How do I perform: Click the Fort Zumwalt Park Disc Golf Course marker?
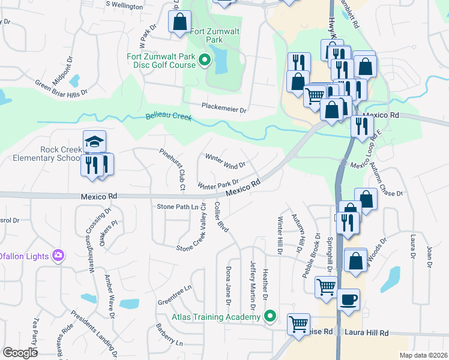pyautogui.click(x=205, y=59)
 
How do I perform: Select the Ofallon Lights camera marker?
pyautogui.click(x=58, y=256)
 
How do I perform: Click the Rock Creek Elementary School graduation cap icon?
pyautogui.click(x=94, y=142)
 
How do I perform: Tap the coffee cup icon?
pyautogui.click(x=349, y=299)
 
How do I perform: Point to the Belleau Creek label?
pyautogui.click(x=169, y=117)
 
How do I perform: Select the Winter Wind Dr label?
pyautogui.click(x=226, y=161)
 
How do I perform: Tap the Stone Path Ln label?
pyautogui.click(x=177, y=206)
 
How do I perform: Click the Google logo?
pyautogui.click(x=20, y=353)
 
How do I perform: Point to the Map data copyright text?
pyautogui.click(x=424, y=355)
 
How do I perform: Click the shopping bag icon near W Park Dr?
pyautogui.click(x=179, y=22)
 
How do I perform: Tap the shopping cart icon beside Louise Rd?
pyautogui.click(x=299, y=325)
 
